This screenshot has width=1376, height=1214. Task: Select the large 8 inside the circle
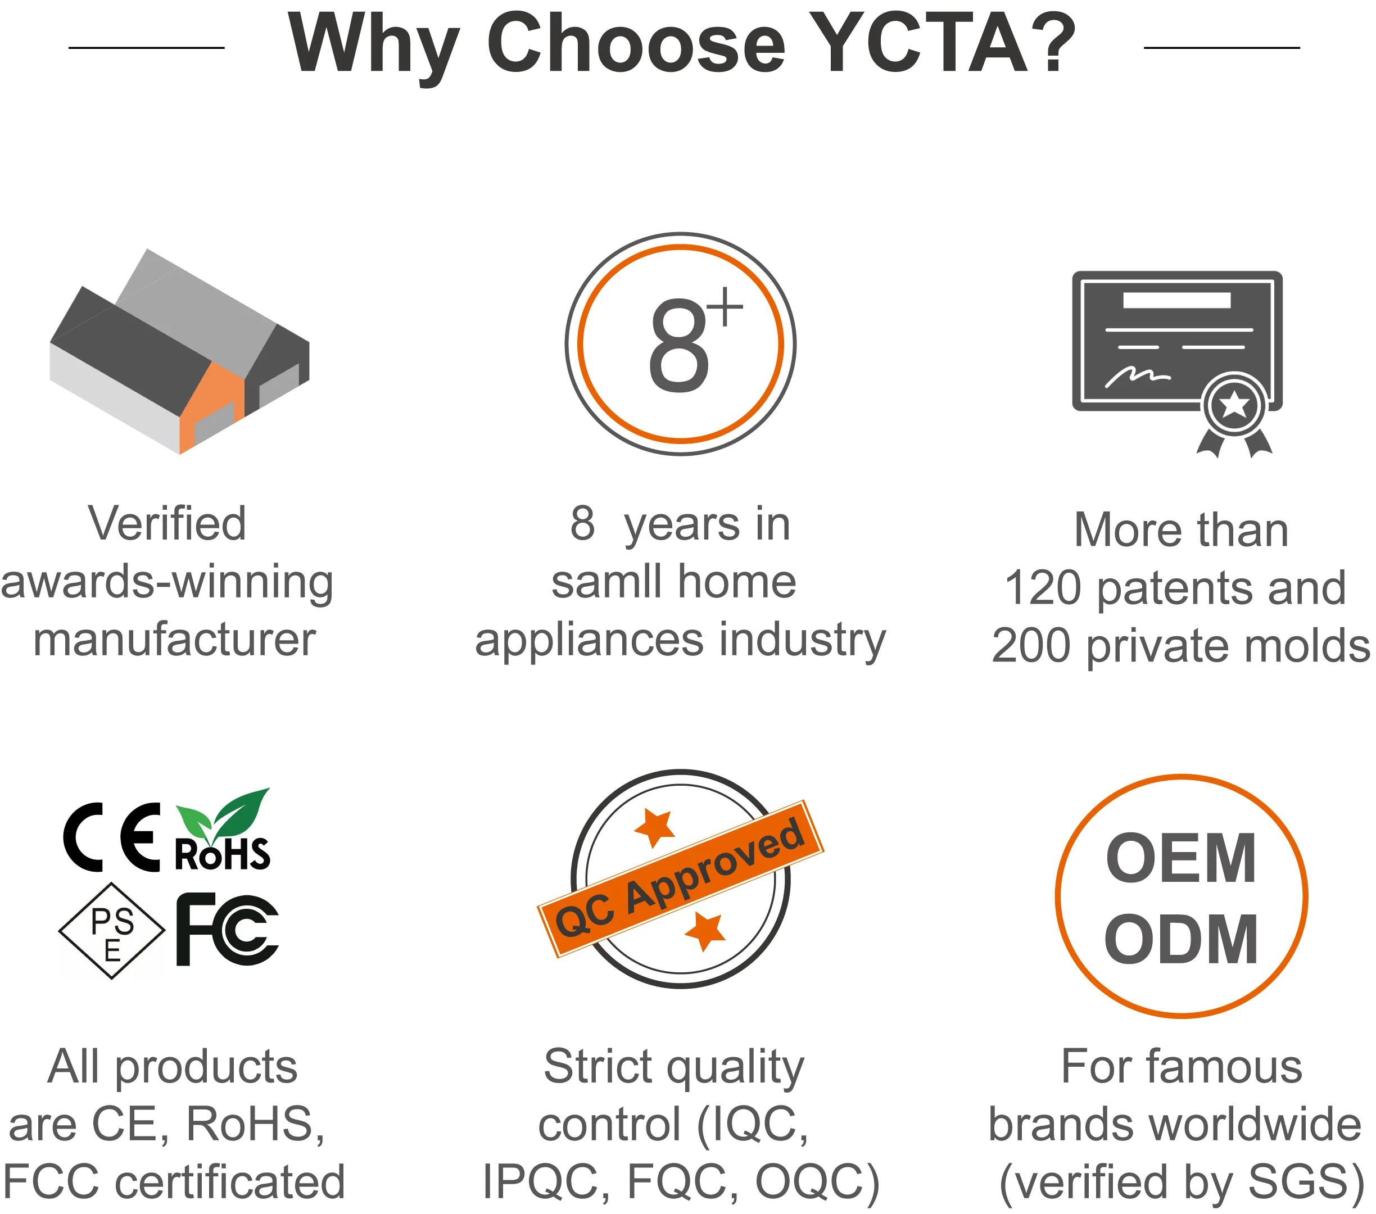(678, 345)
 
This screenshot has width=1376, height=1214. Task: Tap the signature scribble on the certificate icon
(1138, 377)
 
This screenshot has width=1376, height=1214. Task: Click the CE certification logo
(112, 837)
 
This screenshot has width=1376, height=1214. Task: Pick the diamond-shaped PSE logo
(112, 931)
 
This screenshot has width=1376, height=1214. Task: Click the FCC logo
(228, 930)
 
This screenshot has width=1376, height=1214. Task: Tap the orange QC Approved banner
(681, 879)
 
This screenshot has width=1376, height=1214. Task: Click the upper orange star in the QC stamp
(655, 827)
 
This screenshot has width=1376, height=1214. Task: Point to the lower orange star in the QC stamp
(705, 931)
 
